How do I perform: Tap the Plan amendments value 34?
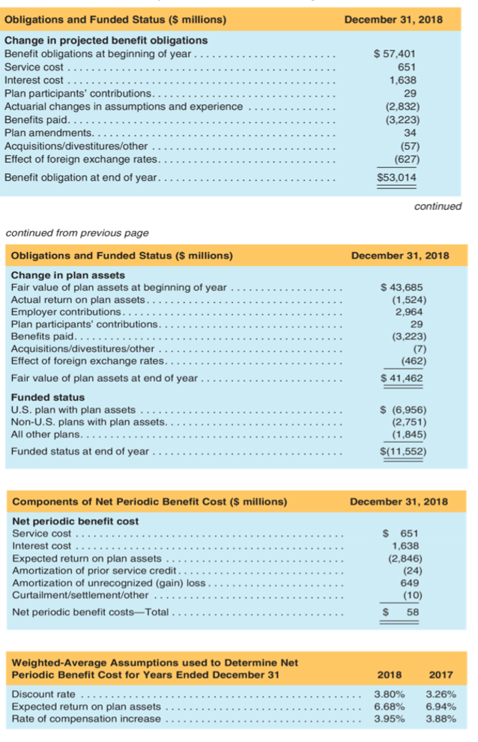408,133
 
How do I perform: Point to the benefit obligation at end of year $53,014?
396,177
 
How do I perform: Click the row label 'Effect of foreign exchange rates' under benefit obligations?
81,159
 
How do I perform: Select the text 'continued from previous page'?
77,233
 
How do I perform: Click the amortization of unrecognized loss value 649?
410,582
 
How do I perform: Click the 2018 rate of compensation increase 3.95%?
390,719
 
